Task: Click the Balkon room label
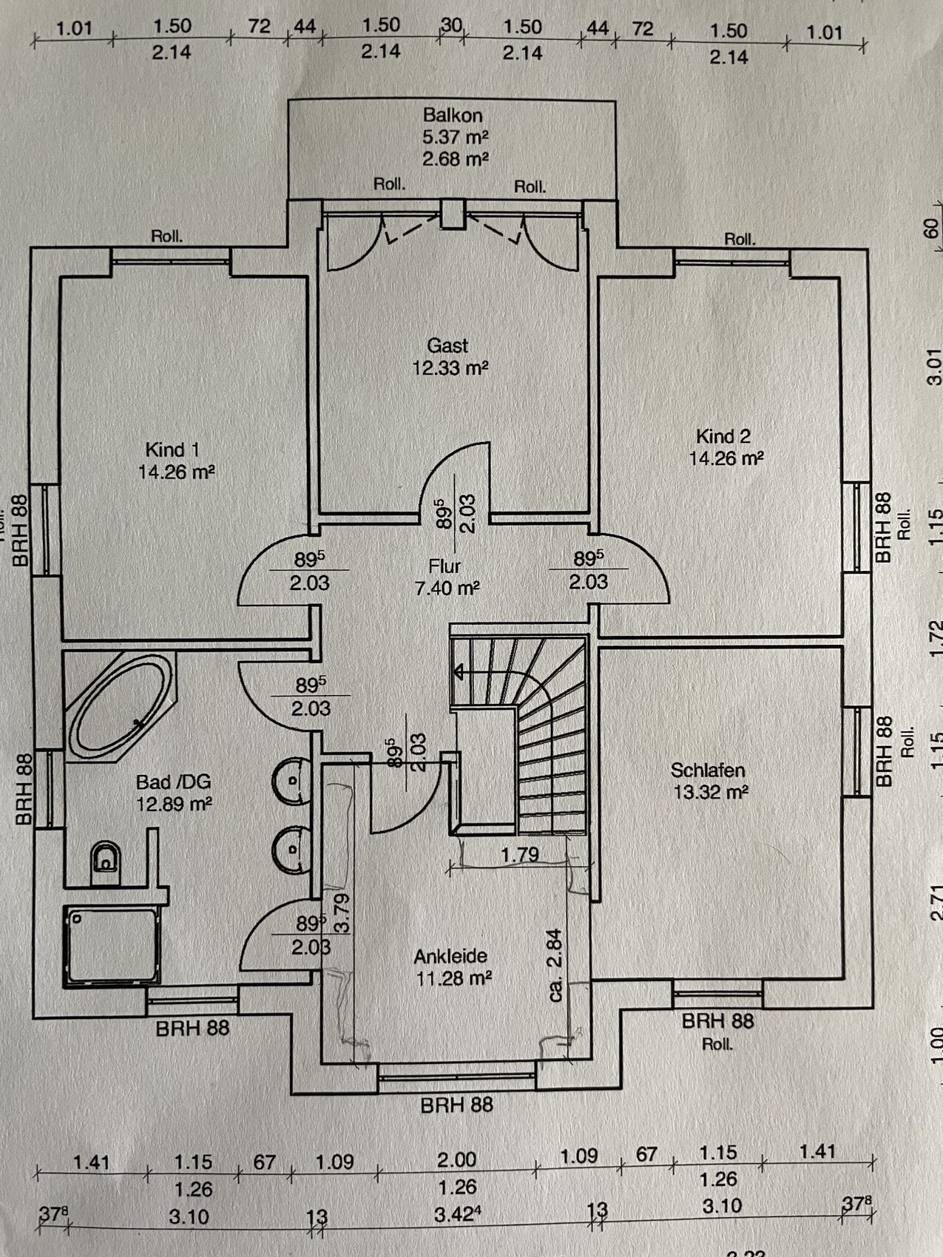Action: point(453,115)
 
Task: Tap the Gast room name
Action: point(447,345)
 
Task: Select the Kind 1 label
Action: point(172,450)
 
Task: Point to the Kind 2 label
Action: point(723,436)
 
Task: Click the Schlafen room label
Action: point(707,770)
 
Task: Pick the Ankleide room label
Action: point(450,957)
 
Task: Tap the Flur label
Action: point(445,566)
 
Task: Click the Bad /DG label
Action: point(173,782)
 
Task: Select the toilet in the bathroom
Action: point(105,861)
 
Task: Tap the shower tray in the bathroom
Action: point(112,945)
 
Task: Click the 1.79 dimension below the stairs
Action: point(519,855)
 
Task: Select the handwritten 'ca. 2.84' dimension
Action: point(555,965)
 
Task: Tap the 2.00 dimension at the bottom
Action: point(456,1159)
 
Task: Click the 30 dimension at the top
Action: point(451,25)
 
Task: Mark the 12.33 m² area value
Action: point(450,367)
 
